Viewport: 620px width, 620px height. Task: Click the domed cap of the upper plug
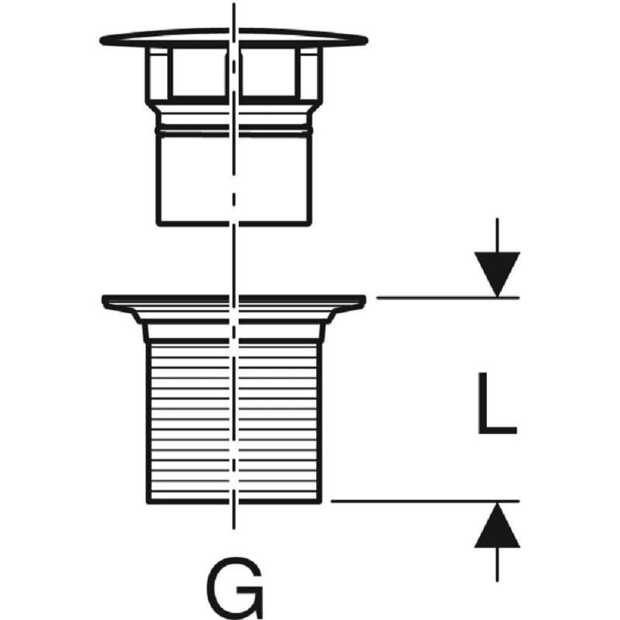pyautogui.click(x=232, y=37)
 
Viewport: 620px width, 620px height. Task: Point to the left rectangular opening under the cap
pyautogui.click(x=194, y=76)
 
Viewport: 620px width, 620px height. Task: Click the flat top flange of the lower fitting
pyautogui.click(x=232, y=298)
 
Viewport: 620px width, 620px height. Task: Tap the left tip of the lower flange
pyautogui.click(x=105, y=298)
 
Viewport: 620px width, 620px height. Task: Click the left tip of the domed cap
pyautogui.click(x=102, y=38)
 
